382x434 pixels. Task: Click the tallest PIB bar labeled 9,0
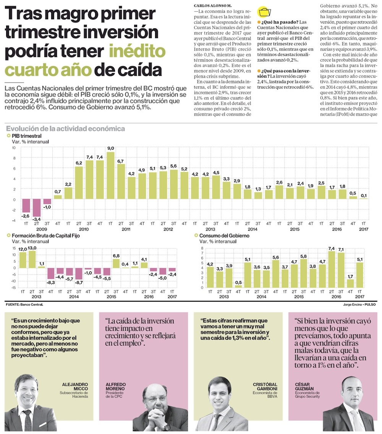110,175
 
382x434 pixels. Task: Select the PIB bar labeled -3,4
37,208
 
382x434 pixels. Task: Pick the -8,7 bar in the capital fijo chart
79,273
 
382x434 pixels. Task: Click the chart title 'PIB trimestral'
26,136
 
